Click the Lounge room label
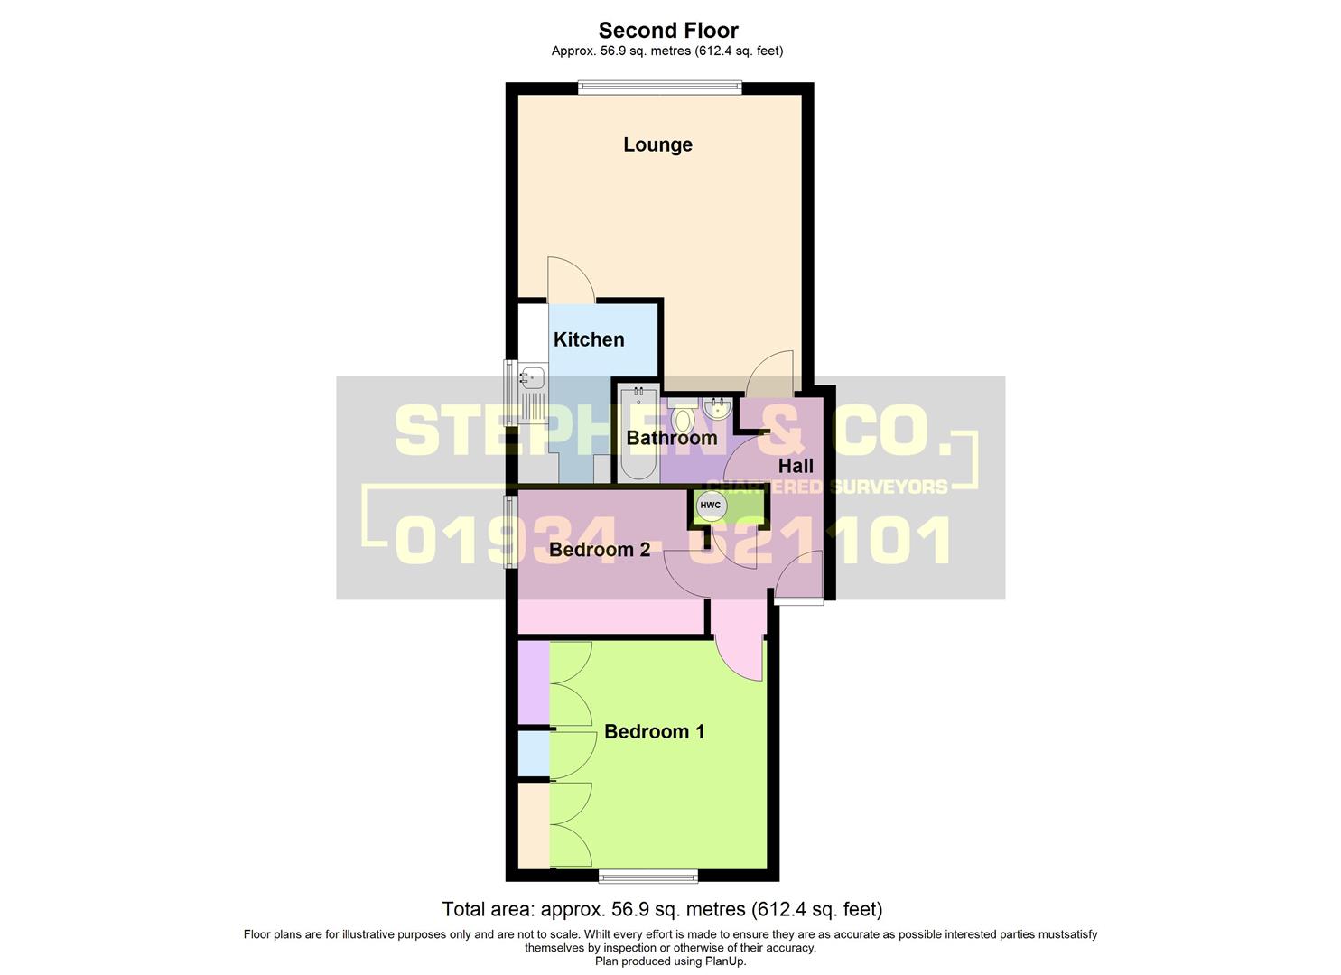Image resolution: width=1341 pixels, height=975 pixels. [657, 144]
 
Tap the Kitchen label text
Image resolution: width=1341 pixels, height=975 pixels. [589, 339]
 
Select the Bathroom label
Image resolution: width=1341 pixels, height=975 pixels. [671, 438]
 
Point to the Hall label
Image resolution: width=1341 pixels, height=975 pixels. [796, 466]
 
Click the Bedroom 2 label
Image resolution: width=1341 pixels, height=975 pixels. [600, 549]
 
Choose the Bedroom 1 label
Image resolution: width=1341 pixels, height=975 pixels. [654, 731]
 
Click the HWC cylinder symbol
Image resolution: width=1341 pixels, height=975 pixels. [711, 506]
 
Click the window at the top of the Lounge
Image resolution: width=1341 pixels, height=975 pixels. [659, 88]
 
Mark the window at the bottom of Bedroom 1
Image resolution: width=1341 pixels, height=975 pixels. [647, 875]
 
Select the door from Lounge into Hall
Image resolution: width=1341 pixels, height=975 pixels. [770, 375]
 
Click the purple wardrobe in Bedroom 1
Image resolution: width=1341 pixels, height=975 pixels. [533, 682]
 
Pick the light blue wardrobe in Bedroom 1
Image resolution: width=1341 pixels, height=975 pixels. [533, 754]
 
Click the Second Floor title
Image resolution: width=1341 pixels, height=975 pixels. [668, 31]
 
